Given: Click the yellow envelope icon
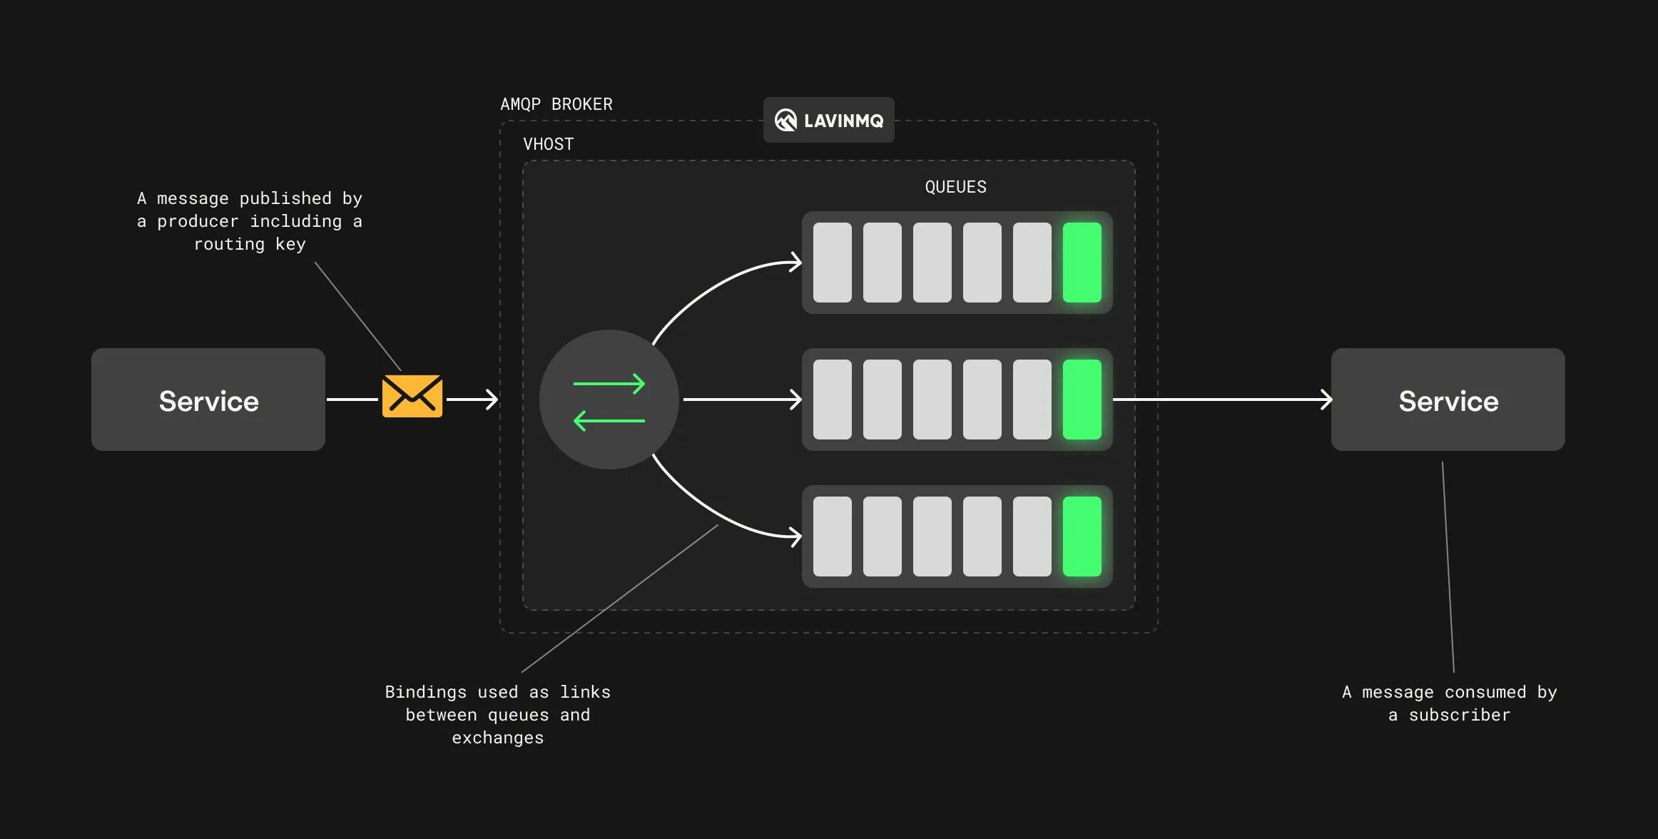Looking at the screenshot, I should click(412, 396).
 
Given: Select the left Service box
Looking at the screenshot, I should click(208, 400).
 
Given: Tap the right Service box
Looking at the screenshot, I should click(1448, 400).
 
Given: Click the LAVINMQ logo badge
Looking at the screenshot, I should click(828, 120).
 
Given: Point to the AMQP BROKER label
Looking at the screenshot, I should click(556, 104).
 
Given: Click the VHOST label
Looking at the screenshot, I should click(548, 144).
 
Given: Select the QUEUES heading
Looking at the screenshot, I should click(955, 187).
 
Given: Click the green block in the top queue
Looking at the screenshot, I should click(1082, 263).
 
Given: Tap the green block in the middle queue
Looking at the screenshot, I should click(1082, 400).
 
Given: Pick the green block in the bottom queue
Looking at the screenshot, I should click(1082, 537).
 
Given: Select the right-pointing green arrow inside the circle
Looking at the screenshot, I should click(609, 384).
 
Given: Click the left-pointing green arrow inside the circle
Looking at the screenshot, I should click(609, 421).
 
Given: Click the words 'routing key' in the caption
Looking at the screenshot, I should click(250, 244).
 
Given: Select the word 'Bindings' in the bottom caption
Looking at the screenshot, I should click(425, 692).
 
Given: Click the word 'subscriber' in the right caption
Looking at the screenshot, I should click(1459, 715).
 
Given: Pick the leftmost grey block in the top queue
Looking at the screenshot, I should click(832, 263).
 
